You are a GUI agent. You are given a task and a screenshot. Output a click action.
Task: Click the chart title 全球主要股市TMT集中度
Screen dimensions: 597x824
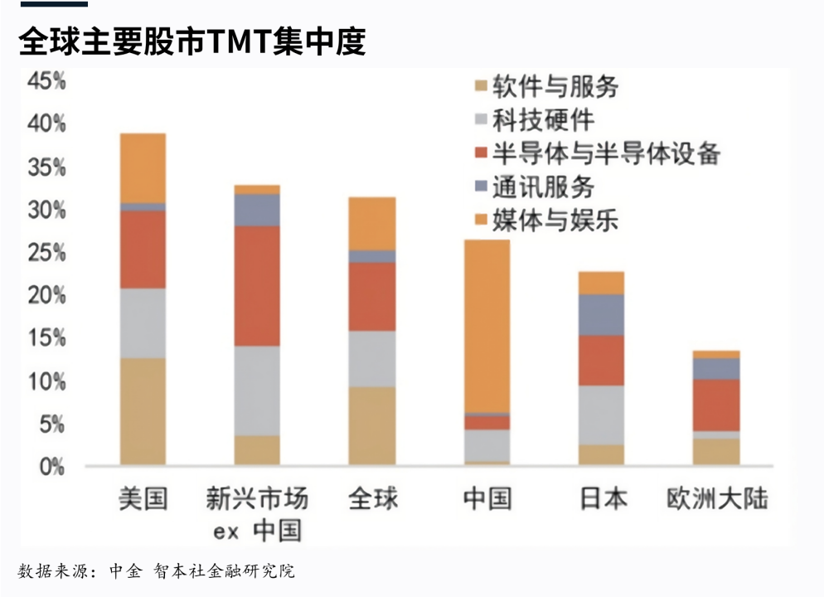point(192,41)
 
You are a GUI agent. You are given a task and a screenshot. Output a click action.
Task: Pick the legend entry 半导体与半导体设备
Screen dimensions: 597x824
point(595,153)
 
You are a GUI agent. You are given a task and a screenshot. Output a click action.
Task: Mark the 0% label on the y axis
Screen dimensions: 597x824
point(51,467)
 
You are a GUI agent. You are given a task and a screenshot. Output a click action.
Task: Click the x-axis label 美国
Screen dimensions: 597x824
point(143,499)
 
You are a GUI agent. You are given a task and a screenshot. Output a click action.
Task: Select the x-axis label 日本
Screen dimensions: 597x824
point(602,499)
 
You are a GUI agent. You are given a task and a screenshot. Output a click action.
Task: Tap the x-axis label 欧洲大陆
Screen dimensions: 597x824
point(717,499)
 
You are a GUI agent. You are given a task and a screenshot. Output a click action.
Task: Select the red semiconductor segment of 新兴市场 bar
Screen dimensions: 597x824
point(257,285)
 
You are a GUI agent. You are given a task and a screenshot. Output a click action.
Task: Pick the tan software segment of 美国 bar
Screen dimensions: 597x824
point(143,411)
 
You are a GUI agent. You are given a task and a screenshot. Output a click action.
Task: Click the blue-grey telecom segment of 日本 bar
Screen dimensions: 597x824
point(602,314)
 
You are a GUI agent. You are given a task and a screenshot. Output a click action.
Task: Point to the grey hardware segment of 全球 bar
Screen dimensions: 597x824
point(372,358)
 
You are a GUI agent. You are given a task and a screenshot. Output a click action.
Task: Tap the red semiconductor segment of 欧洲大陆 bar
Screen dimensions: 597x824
point(717,405)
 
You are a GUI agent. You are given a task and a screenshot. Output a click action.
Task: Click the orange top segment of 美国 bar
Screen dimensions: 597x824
point(143,167)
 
